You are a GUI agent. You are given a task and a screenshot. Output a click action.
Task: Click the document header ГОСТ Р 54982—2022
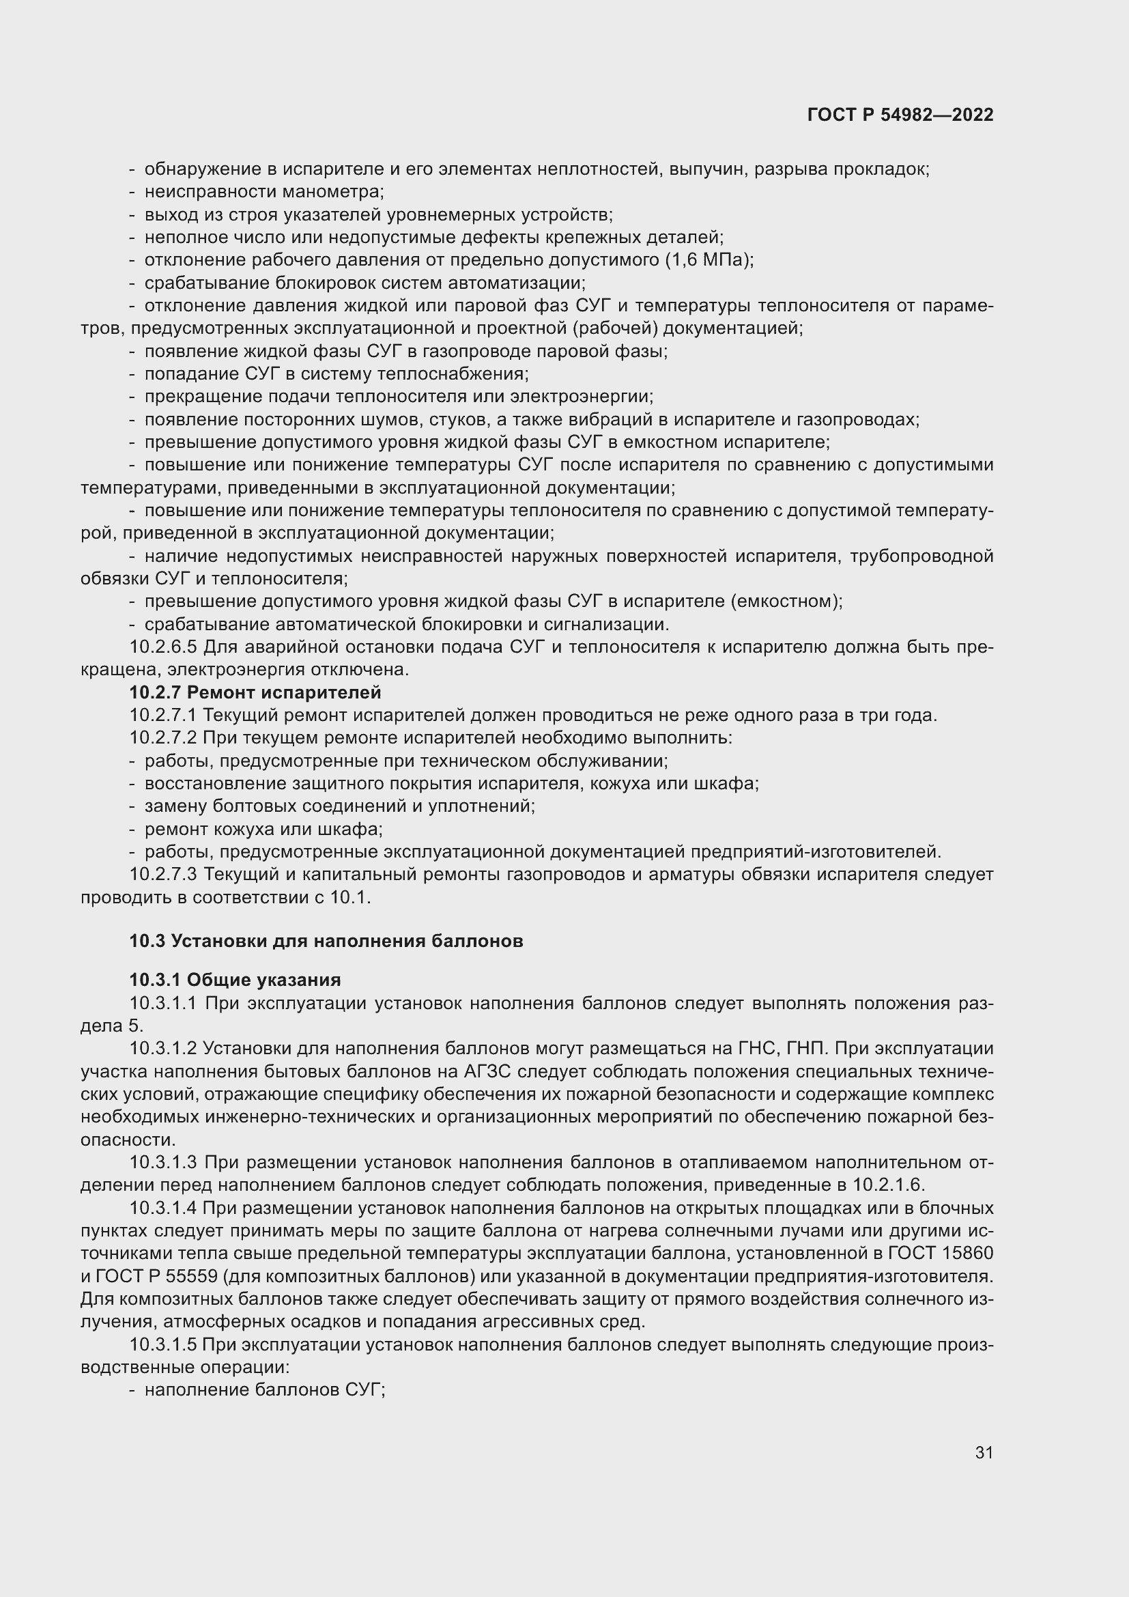click(900, 115)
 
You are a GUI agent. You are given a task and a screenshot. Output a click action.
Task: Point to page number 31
click(984, 1453)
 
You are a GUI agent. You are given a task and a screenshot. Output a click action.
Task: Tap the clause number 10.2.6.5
click(163, 647)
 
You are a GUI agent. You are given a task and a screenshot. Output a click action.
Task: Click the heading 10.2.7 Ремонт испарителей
click(255, 693)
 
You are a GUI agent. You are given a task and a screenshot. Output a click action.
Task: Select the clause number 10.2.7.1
click(163, 716)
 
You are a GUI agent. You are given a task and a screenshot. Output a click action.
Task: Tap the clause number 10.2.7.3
click(163, 875)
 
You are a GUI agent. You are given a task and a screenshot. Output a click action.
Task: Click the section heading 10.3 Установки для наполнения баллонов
click(326, 942)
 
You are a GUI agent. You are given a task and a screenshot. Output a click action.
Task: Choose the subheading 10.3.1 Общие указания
click(235, 980)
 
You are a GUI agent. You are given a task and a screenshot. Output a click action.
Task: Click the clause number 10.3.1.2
click(163, 1049)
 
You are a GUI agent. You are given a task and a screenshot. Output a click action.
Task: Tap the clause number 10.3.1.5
click(163, 1344)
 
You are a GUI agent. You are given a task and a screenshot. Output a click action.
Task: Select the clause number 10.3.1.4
click(163, 1209)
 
